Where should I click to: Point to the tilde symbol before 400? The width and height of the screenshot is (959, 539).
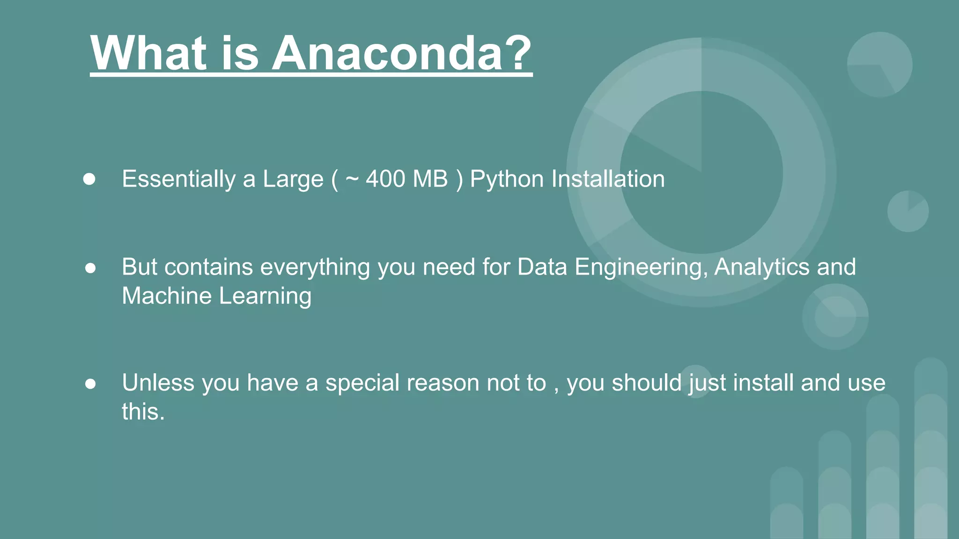[x=352, y=179]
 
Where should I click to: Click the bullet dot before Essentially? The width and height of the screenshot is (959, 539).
[x=89, y=180]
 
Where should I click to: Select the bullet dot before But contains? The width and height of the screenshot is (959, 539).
[x=90, y=268]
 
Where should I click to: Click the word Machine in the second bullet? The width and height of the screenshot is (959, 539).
[x=167, y=296]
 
